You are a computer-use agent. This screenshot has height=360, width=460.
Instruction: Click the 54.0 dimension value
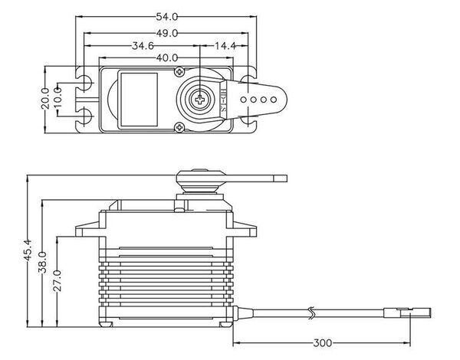tap(172, 16)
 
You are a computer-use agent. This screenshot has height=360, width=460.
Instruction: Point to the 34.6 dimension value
tap(143, 46)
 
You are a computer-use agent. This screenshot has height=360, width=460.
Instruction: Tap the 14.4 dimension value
tap(225, 46)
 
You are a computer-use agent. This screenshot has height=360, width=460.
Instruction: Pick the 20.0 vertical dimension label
tap(45, 99)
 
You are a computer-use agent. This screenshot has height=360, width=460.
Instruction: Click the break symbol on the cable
tap(311, 313)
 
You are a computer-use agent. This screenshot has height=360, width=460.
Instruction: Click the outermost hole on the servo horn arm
tap(274, 99)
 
